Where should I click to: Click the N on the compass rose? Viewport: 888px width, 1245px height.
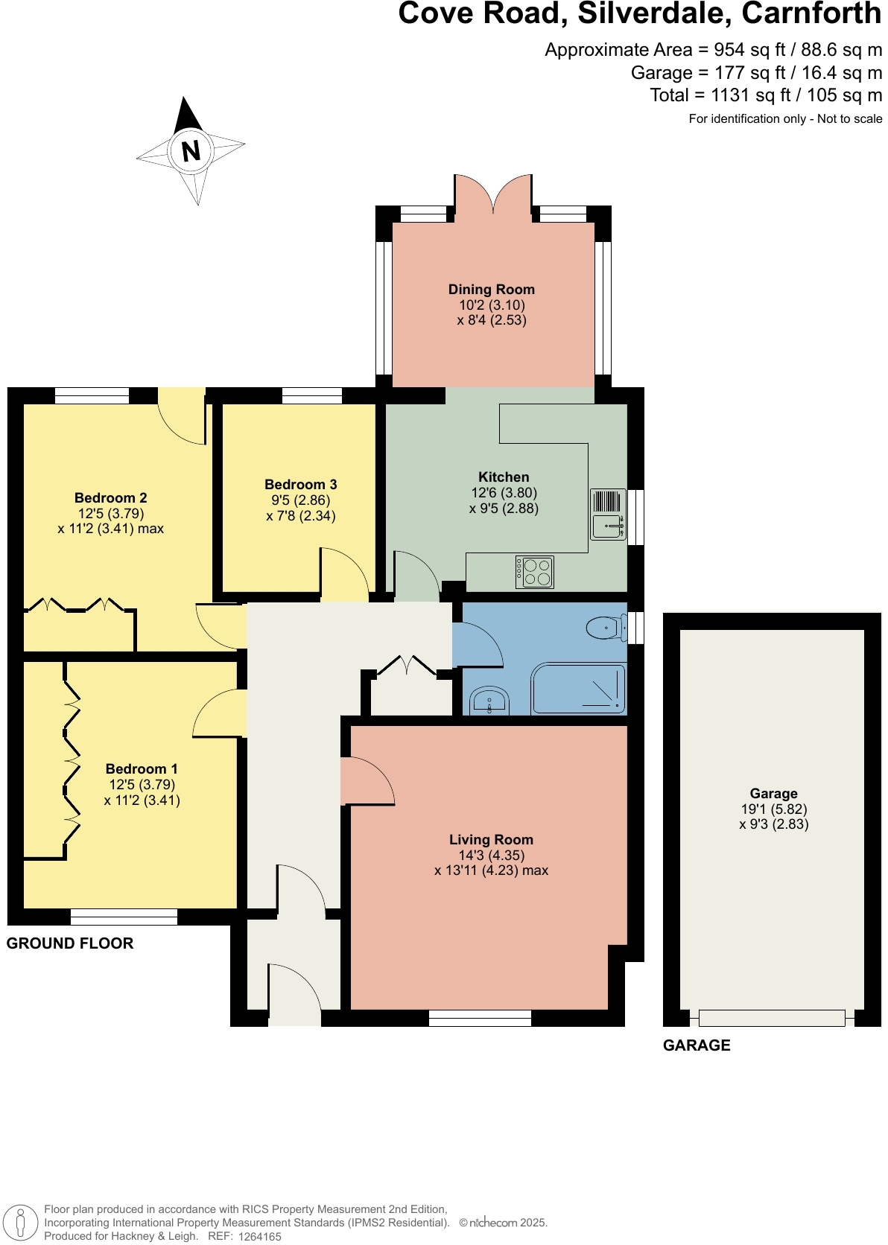tap(191, 151)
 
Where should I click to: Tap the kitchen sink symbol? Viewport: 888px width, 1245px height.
tap(608, 515)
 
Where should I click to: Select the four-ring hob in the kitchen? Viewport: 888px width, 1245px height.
tap(535, 572)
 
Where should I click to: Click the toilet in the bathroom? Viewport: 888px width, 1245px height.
tap(606, 628)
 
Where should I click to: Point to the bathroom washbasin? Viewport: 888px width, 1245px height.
tap(489, 701)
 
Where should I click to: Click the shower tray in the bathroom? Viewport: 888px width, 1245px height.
tap(579, 690)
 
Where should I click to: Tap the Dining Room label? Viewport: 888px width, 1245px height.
tap(491, 289)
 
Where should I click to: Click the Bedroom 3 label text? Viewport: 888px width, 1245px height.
tap(300, 484)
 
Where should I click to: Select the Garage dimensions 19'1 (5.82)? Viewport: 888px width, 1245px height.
tap(774, 809)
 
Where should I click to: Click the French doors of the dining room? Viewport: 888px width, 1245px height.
tap(493, 195)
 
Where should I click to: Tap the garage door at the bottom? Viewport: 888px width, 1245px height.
tap(772, 1017)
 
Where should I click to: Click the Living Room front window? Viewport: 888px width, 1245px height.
tap(480, 1018)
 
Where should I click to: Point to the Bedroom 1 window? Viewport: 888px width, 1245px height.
tap(124, 917)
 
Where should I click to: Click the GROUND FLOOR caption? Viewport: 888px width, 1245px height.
tap(70, 943)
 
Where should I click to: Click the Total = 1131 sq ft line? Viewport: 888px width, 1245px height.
tap(766, 95)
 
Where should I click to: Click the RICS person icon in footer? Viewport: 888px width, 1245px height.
tap(20, 1223)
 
